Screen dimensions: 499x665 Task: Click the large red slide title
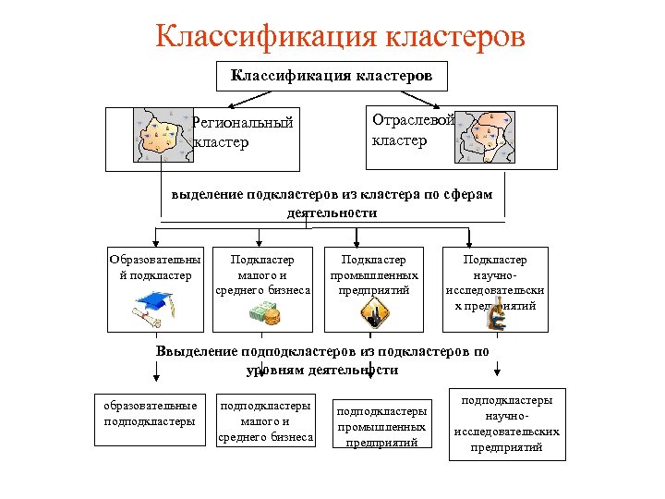341,36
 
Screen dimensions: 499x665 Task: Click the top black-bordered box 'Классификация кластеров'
332,76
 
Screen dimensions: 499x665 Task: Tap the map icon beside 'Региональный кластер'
163,136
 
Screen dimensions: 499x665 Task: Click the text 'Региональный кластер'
242,131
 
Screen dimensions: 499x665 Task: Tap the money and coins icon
262,314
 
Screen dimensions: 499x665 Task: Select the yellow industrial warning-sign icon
375,314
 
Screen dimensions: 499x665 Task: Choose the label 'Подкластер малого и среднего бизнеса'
262,275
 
